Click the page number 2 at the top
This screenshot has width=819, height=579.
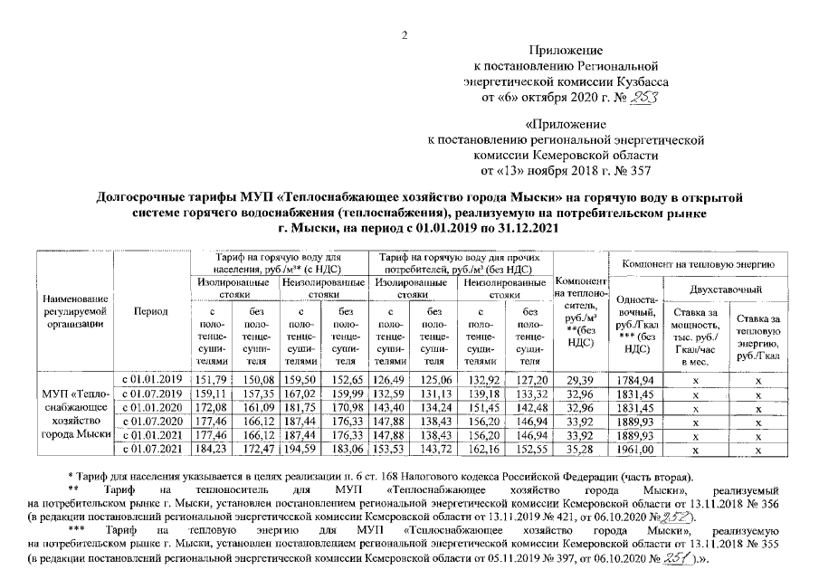coord(406,36)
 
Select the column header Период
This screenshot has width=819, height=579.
coord(150,310)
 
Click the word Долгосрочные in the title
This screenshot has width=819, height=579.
coord(138,195)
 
